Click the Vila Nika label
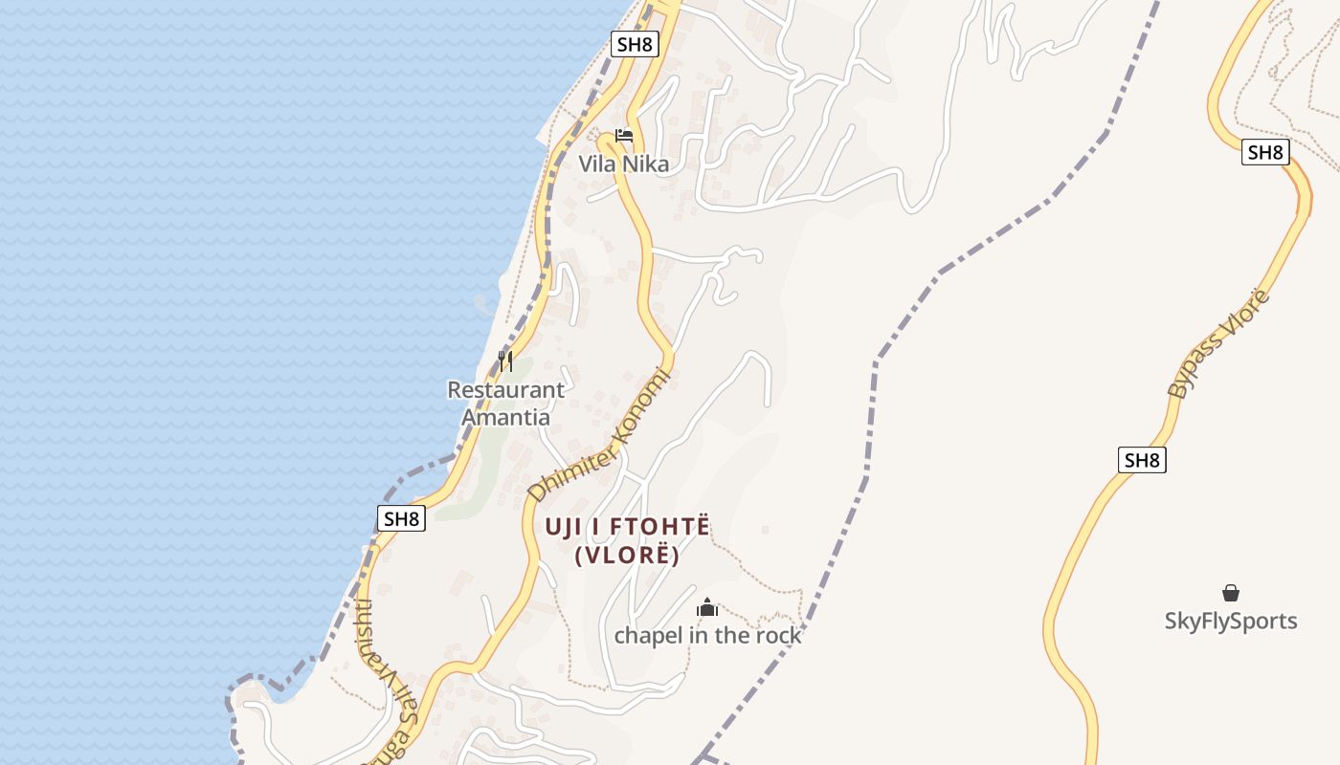click(623, 164)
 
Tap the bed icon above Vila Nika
click(624, 136)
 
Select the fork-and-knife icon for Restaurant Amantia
click(505, 361)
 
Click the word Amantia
click(505, 417)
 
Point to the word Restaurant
click(505, 390)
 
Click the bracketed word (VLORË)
click(627, 555)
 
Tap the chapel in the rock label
click(707, 635)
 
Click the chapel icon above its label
click(707, 607)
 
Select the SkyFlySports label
click(1230, 621)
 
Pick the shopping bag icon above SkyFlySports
click(1230, 594)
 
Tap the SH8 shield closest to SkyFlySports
click(1141, 460)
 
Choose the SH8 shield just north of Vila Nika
click(636, 44)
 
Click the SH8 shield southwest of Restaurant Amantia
click(401, 518)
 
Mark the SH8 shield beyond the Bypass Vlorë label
click(1265, 152)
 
